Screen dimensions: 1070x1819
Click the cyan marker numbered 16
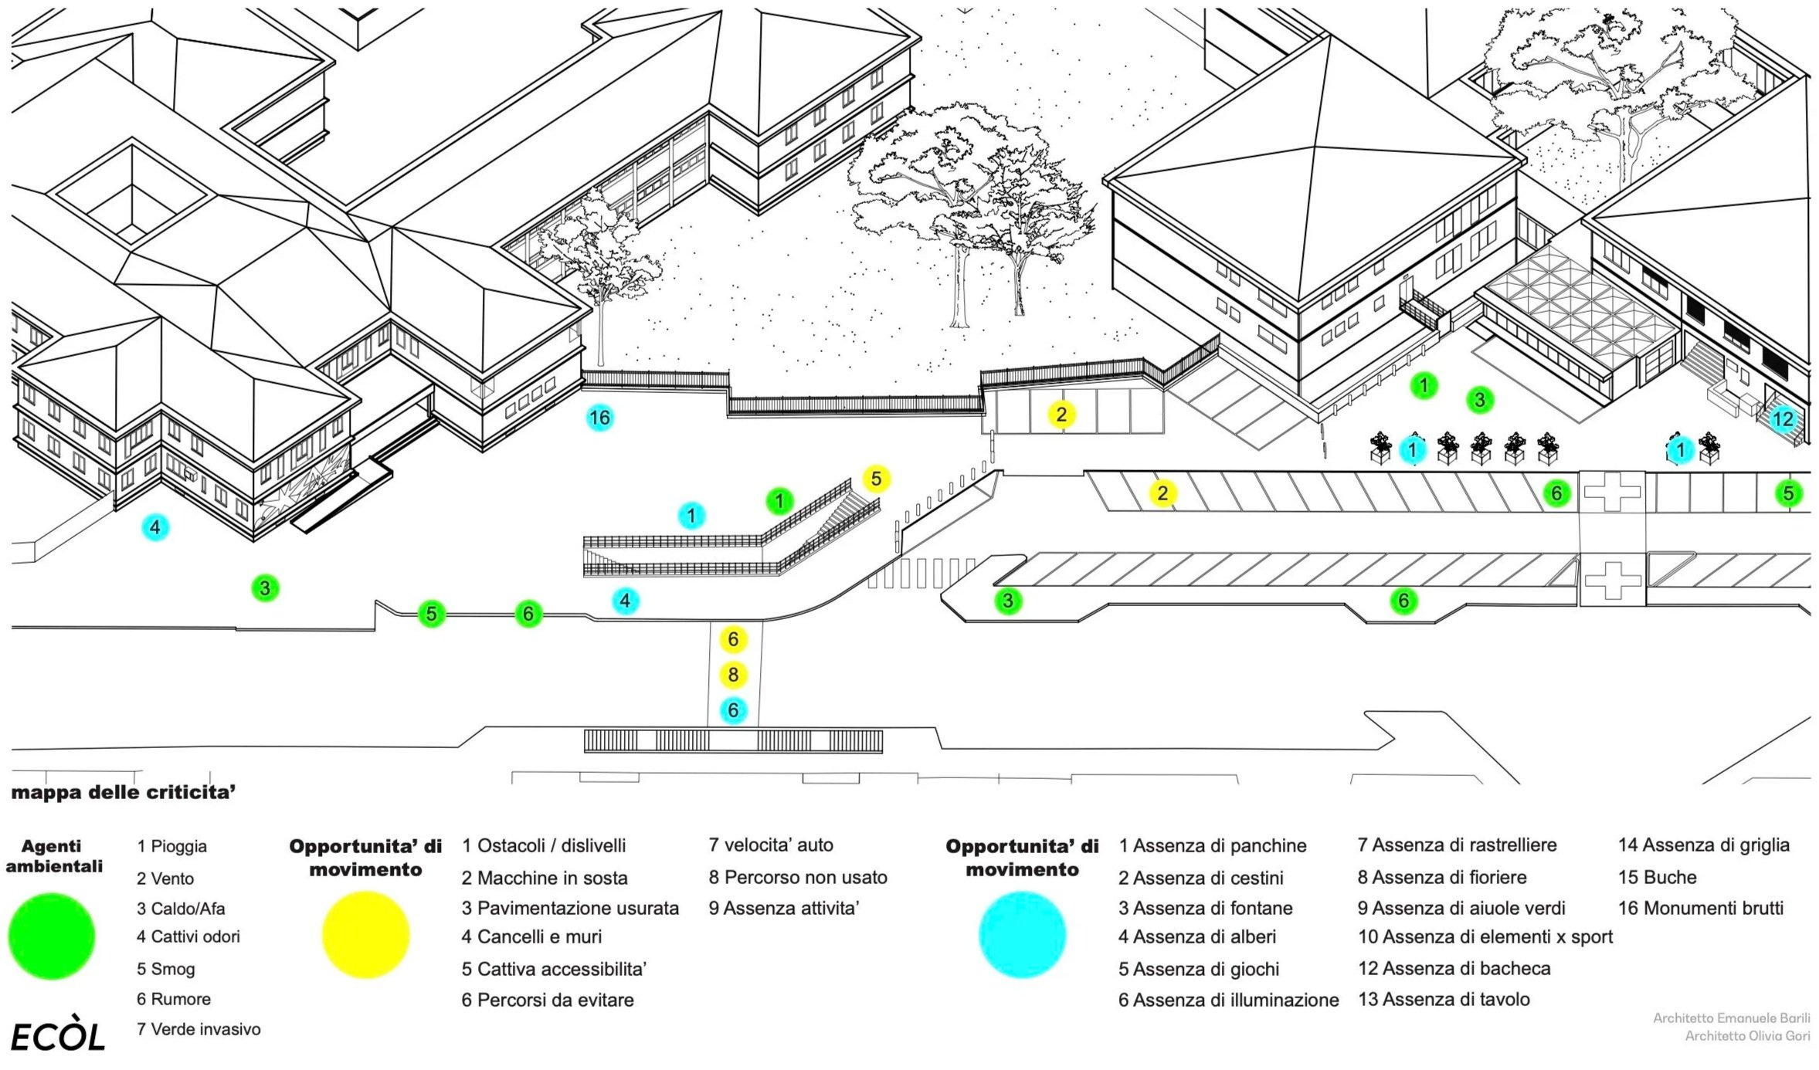coord(599,418)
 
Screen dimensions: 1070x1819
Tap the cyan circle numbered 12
coord(1782,419)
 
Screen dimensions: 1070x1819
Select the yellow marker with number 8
coord(733,675)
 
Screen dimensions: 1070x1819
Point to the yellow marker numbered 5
coord(876,479)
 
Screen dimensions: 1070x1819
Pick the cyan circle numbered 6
coord(733,710)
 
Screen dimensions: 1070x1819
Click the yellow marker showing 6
coord(733,639)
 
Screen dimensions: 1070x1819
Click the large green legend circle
coord(52,936)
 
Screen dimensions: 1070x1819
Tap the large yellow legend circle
coord(365,935)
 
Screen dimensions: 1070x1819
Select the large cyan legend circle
coord(1022,935)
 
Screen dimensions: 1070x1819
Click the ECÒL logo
coord(58,1038)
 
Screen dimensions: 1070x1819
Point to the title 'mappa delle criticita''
coord(124,792)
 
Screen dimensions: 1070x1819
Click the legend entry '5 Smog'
coord(166,969)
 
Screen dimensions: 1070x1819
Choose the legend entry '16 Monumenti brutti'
coord(1701,908)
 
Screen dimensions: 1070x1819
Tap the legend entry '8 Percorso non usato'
coord(798,877)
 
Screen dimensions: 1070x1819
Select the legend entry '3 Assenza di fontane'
coord(1205,908)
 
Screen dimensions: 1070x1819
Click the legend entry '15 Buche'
coord(1658,877)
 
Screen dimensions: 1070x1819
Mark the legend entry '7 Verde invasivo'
coord(199,1029)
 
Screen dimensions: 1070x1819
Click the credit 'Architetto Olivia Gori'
coord(1747,1036)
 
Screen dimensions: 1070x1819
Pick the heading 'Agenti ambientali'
coord(53,856)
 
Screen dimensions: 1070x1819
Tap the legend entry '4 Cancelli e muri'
coord(531,936)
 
